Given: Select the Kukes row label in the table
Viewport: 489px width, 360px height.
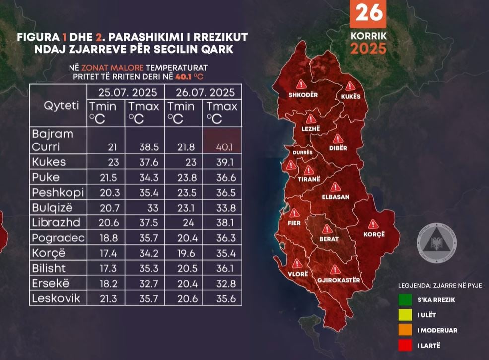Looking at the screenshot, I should pyautogui.click(x=49, y=162).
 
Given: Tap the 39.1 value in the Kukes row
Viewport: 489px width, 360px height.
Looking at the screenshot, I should pyautogui.click(x=221, y=162).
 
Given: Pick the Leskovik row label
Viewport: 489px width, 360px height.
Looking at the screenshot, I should pyautogui.click(x=56, y=298).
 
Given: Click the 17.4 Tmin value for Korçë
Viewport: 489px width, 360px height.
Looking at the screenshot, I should pyautogui.click(x=108, y=253).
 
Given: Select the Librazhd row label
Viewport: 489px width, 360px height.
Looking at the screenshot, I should pyautogui.click(x=55, y=223).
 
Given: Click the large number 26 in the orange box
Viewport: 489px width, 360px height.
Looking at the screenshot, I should pyautogui.click(x=368, y=13).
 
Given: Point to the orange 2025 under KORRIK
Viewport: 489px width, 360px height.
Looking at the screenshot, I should pyautogui.click(x=368, y=49).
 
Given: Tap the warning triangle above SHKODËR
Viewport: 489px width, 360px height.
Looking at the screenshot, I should pyautogui.click(x=301, y=84).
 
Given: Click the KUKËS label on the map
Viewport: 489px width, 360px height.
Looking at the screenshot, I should pyautogui.click(x=350, y=96).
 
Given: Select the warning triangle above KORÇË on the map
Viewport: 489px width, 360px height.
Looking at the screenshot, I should pyautogui.click(x=374, y=224).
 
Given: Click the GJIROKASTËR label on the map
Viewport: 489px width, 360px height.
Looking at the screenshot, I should pyautogui.click(x=338, y=280).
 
